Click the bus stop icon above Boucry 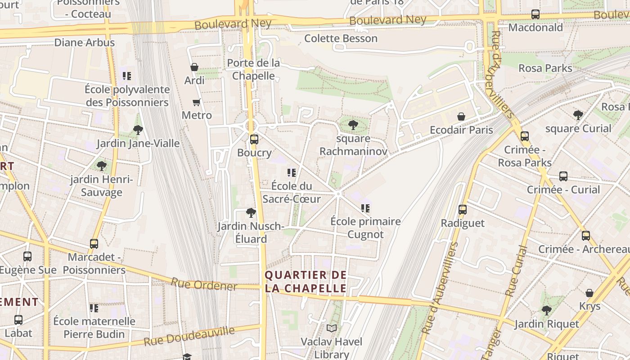254,139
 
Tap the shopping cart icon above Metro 197,103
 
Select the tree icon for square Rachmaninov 353,125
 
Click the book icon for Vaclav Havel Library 332,328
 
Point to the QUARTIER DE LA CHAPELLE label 306,282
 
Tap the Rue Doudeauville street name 189,337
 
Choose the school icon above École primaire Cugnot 365,208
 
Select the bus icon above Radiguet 463,210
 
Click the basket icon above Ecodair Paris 461,117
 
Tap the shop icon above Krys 589,293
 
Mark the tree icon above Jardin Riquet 547,310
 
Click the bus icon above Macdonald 535,14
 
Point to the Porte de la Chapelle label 253,69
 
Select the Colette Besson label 341,38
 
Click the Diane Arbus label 84,43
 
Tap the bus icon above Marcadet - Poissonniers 94,244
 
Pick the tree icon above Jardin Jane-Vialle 138,130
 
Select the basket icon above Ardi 194,67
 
